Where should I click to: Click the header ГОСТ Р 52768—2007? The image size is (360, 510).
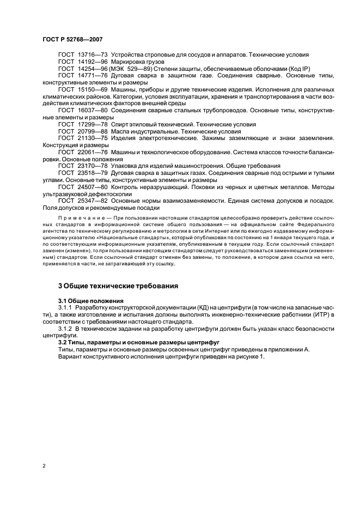click(x=72, y=39)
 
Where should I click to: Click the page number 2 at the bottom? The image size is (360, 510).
click(x=44, y=466)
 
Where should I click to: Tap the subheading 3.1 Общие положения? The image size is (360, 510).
click(x=90, y=300)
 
